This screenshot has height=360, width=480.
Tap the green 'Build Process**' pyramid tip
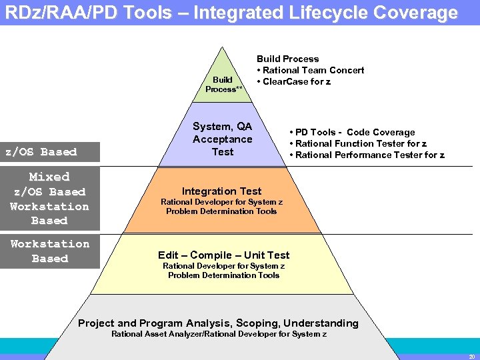point(223,84)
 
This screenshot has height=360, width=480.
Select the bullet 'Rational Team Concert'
point(313,70)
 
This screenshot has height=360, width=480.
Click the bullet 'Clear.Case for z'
point(297,81)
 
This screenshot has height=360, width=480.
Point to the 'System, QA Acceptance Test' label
point(222,139)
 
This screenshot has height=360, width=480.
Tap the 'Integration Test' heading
point(222,191)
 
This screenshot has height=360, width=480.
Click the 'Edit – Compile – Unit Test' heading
point(223,255)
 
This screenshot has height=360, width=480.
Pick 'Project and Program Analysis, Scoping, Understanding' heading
point(218,323)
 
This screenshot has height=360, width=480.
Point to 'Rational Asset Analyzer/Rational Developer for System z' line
point(219,333)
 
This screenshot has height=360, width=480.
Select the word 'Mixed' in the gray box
point(49,177)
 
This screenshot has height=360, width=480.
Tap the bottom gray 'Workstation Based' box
point(50,251)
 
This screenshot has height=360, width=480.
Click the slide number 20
point(471,356)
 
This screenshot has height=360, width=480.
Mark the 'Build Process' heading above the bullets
point(287,59)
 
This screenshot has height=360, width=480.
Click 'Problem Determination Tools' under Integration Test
point(221,211)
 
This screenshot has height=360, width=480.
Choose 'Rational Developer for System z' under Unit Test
point(223,266)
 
